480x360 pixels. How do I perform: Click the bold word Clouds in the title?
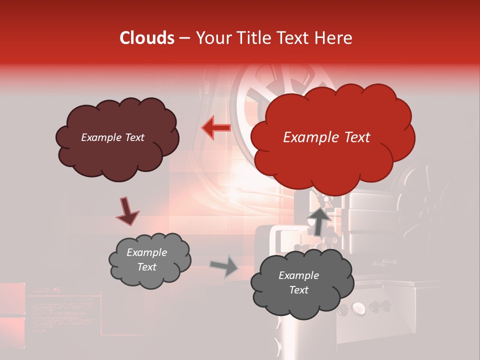click(x=147, y=38)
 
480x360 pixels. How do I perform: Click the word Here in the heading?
click(x=333, y=38)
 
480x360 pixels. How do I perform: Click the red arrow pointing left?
click(x=216, y=128)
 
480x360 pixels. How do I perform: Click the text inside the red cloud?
click(x=326, y=137)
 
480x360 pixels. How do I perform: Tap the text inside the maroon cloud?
click(x=112, y=137)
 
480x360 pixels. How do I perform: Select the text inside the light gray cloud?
click(x=146, y=259)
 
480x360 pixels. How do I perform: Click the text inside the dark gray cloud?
click(x=298, y=282)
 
